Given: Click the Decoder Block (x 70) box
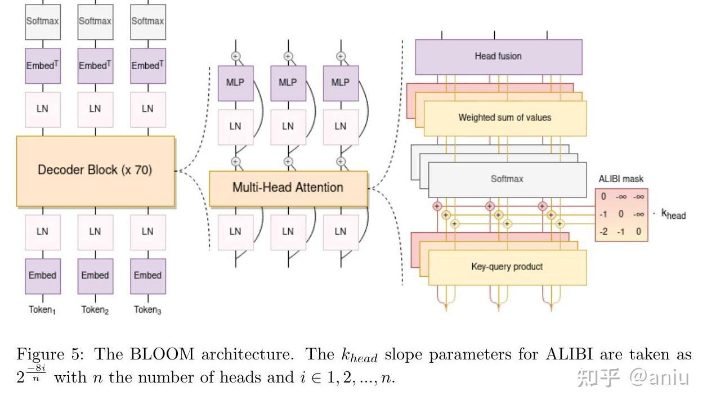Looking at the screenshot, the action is point(96,171).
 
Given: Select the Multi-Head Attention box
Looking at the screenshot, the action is point(288,188).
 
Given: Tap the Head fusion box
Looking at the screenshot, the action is point(499,57).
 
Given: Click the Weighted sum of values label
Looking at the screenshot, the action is point(505,118).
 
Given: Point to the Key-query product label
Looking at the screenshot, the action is point(507,267).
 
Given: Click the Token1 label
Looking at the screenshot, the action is point(42,310).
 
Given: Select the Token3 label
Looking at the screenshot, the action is point(147,310).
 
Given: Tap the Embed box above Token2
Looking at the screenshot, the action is point(95,276).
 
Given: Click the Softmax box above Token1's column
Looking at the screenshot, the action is point(43,22).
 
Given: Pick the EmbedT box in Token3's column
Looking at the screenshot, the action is point(148,66).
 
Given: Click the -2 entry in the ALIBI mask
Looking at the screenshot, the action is point(603,232).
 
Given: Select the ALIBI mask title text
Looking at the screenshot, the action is point(621,179).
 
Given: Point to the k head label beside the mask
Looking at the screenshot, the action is point(674,214).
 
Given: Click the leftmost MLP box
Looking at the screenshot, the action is point(236,83).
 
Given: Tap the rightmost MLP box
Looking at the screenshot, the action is point(341,83).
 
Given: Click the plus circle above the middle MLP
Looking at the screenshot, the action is point(288,56).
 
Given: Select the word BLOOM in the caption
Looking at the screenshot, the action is point(162,354).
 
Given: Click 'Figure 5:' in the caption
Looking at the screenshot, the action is point(51,354).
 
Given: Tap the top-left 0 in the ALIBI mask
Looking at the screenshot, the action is point(603,196).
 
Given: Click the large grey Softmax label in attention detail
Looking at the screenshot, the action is point(507,179).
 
